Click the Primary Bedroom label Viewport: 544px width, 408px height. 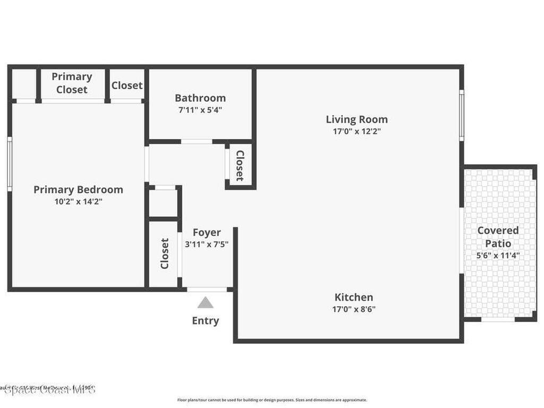(78, 190)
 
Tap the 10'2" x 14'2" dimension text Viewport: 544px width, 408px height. (78, 202)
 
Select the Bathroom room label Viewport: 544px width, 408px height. (200, 98)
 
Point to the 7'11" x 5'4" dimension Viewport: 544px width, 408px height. (200, 110)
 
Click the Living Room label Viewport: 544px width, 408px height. (356, 120)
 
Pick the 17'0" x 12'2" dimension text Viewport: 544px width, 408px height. (356, 132)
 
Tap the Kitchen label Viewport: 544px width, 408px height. (354, 297)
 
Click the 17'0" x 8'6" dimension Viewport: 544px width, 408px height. (354, 309)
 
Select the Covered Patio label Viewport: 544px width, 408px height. (498, 237)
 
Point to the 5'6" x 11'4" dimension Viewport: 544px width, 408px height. (498, 255)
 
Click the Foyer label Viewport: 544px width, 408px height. (207, 233)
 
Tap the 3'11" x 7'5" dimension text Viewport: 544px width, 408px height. (207, 244)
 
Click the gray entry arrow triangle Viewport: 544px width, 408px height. (206, 303)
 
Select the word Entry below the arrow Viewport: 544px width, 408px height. (206, 321)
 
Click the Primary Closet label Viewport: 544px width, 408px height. (72, 83)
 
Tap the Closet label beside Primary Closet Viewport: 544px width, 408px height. (127, 86)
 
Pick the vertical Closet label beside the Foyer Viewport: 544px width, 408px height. (164, 253)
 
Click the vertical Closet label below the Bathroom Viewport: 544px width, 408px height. (240, 166)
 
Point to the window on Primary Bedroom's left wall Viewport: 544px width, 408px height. (10, 163)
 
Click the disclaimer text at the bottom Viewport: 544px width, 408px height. (271, 400)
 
